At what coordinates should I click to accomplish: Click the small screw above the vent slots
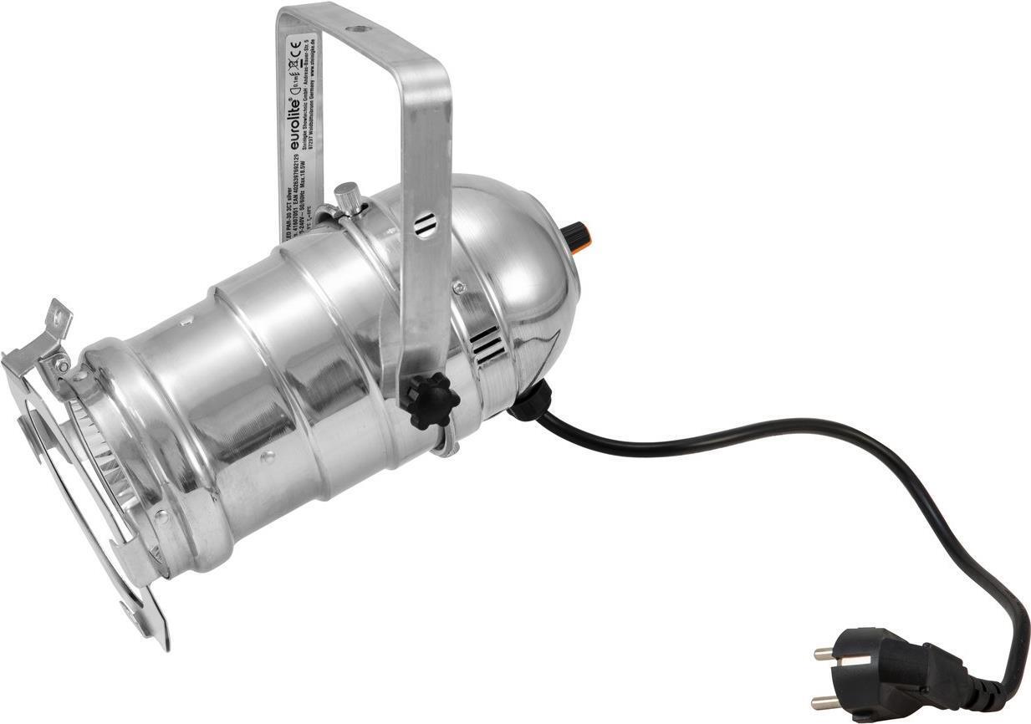tap(458, 287)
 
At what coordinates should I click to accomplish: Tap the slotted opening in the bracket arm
tap(426, 224)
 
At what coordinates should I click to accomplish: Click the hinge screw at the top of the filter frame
tap(61, 365)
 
